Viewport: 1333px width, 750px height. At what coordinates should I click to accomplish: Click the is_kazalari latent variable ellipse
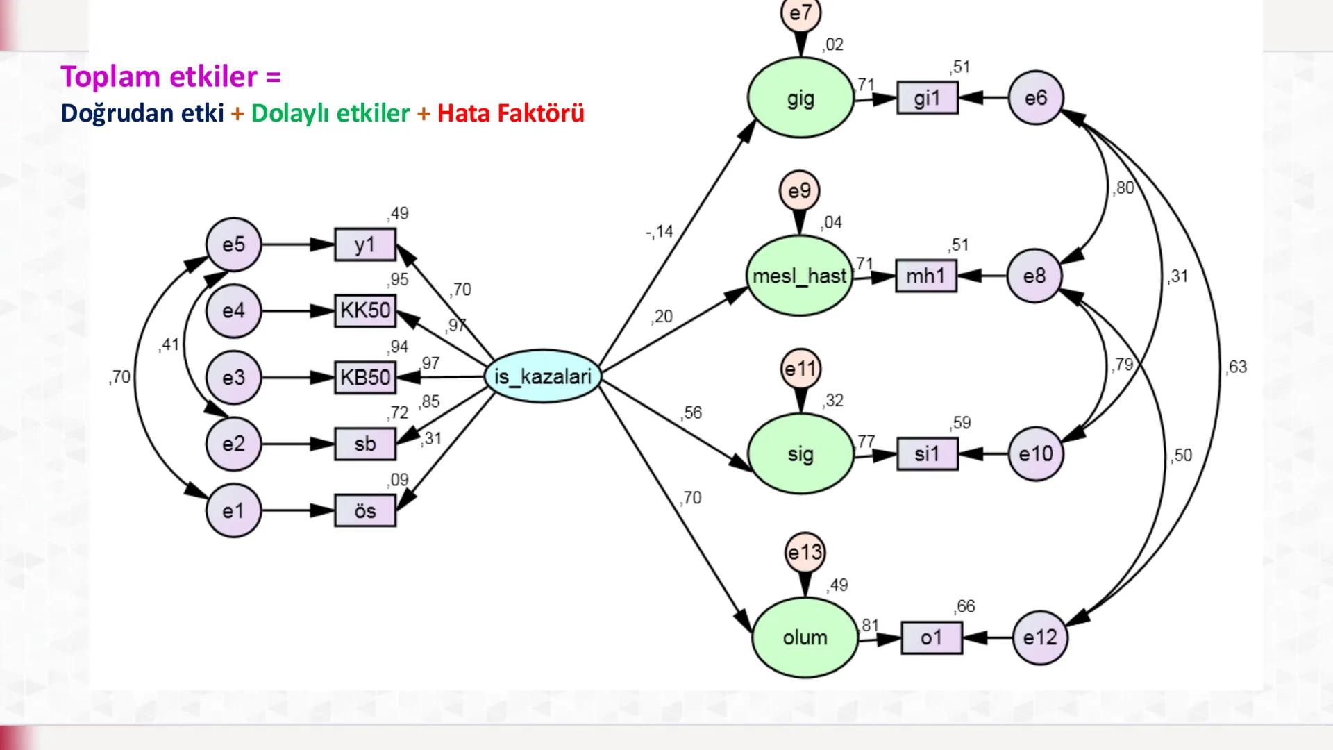542,377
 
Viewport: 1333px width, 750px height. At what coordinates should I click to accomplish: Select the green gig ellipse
800,99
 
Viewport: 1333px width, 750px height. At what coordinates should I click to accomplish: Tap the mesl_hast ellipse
799,276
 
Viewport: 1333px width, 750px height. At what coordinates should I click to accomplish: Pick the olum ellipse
805,637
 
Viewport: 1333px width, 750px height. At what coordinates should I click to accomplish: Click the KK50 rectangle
365,310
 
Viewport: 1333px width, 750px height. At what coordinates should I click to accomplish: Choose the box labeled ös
365,511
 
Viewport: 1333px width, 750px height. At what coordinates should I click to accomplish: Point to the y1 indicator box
365,244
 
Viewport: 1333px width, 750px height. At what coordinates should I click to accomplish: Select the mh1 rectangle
925,276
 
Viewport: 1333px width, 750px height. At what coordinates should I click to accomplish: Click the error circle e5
234,244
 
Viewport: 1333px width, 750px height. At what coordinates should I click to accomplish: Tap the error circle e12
1039,637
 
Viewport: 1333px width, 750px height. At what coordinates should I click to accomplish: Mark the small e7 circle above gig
800,14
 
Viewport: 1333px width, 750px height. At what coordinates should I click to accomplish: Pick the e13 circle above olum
805,553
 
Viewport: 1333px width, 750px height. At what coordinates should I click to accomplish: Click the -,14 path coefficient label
659,231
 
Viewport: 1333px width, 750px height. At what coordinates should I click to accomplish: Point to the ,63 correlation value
1235,367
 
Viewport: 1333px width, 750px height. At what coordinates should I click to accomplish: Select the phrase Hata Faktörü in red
510,113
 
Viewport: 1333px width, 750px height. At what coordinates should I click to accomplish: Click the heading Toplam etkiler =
171,76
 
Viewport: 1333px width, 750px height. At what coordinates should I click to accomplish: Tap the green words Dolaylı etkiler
330,113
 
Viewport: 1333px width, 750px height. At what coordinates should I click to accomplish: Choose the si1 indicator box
927,454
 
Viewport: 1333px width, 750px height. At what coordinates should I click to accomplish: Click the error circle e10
1035,454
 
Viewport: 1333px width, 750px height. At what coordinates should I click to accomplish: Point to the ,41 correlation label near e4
169,344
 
